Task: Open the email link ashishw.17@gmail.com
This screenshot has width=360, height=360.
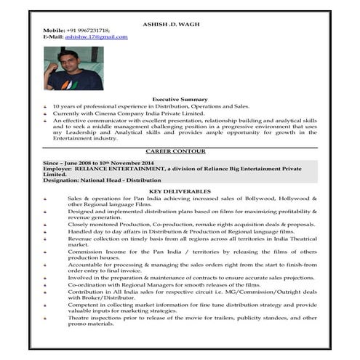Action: click(x=97, y=36)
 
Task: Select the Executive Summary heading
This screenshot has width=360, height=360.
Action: click(x=180, y=99)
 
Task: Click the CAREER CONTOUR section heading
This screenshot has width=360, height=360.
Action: click(x=180, y=151)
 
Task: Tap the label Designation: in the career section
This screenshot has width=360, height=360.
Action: click(x=63, y=180)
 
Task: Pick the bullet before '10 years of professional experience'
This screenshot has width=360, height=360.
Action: click(x=47, y=106)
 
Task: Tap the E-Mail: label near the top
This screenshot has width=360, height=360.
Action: click(x=53, y=36)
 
